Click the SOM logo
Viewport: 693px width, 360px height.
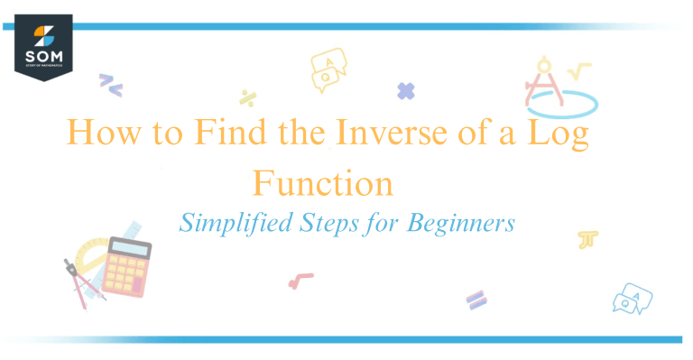42,50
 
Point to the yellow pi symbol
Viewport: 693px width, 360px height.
588,239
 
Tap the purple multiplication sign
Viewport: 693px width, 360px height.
406,90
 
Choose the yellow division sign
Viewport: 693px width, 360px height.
247,97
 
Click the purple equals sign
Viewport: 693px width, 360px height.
476,299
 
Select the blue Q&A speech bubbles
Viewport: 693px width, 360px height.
632,298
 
